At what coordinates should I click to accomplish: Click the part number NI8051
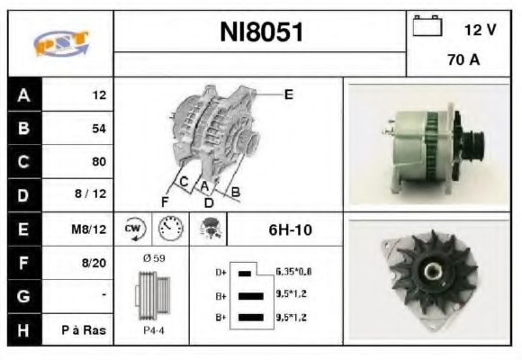pos(261,33)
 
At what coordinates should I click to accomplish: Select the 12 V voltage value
pos(479,30)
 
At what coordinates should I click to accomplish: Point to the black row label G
pos(23,296)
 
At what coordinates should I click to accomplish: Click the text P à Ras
pos(88,329)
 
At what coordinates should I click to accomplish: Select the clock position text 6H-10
pos(290,229)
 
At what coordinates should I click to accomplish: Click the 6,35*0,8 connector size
pos(293,271)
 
